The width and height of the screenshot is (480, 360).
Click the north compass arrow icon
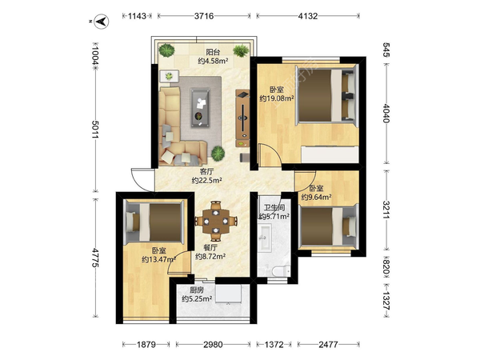[x=102, y=22]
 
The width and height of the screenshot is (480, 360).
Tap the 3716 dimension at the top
[x=204, y=16]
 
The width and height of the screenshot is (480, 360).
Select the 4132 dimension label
[x=308, y=16]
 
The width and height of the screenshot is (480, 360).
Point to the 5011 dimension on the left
[x=95, y=129]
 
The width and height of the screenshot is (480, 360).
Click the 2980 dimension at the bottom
[x=213, y=345]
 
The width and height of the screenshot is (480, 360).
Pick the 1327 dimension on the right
[x=386, y=302]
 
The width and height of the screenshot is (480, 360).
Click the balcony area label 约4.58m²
[x=213, y=61]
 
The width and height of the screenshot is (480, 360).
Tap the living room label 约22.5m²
[x=207, y=181]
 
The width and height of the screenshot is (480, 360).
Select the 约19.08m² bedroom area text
[x=277, y=98]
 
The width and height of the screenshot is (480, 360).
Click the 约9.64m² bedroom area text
[x=316, y=197]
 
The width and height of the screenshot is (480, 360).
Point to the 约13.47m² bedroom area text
[x=158, y=259]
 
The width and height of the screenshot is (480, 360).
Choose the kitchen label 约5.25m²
[x=197, y=298]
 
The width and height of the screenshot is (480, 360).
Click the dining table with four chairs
[x=216, y=221]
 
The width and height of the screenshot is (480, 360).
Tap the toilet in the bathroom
[x=280, y=271]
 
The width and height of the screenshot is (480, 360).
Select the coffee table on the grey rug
[x=200, y=107]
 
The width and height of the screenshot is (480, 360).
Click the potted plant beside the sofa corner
[x=218, y=154]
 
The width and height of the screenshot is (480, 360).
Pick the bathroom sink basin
[x=265, y=236]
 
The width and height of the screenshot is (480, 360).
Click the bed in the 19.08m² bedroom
[x=326, y=95]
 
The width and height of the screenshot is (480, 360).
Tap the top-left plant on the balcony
[x=167, y=50]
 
